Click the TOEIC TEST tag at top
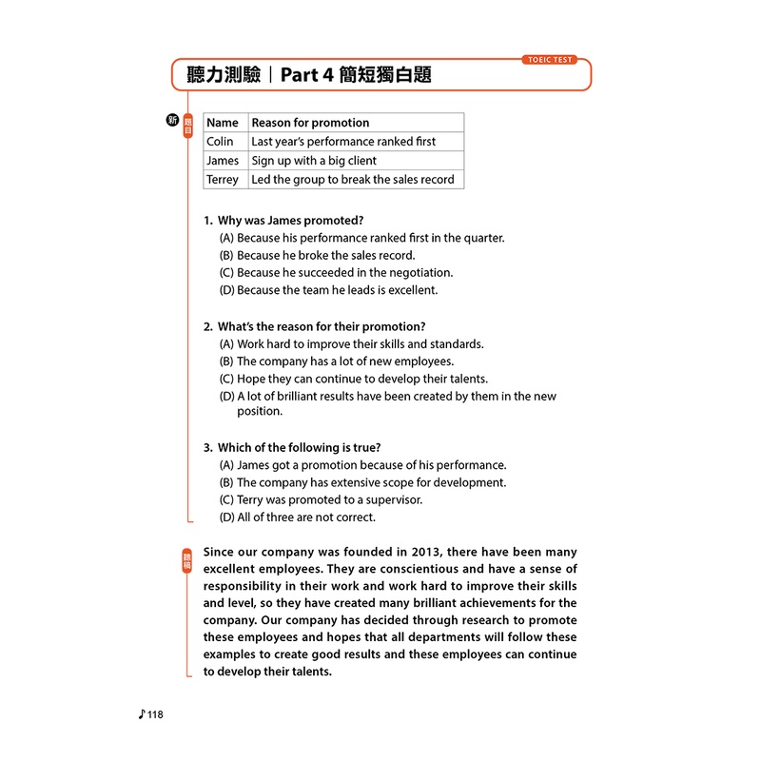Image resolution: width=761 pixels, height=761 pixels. pyautogui.click(x=549, y=59)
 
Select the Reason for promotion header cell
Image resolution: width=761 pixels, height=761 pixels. pyautogui.click(x=310, y=123)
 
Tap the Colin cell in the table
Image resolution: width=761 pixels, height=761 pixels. pyautogui.click(x=220, y=142)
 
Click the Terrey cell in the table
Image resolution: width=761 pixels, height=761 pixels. pyautogui.click(x=224, y=180)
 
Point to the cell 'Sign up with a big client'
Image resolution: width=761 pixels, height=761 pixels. pyautogui.click(x=314, y=161)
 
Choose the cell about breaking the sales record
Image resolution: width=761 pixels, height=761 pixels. pyautogui.click(x=352, y=180)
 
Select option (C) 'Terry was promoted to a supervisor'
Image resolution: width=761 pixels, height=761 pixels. pyautogui.click(x=321, y=500)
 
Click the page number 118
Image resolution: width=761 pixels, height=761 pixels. pyautogui.click(x=154, y=715)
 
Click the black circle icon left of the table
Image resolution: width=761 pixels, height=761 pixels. pyautogui.click(x=172, y=120)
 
